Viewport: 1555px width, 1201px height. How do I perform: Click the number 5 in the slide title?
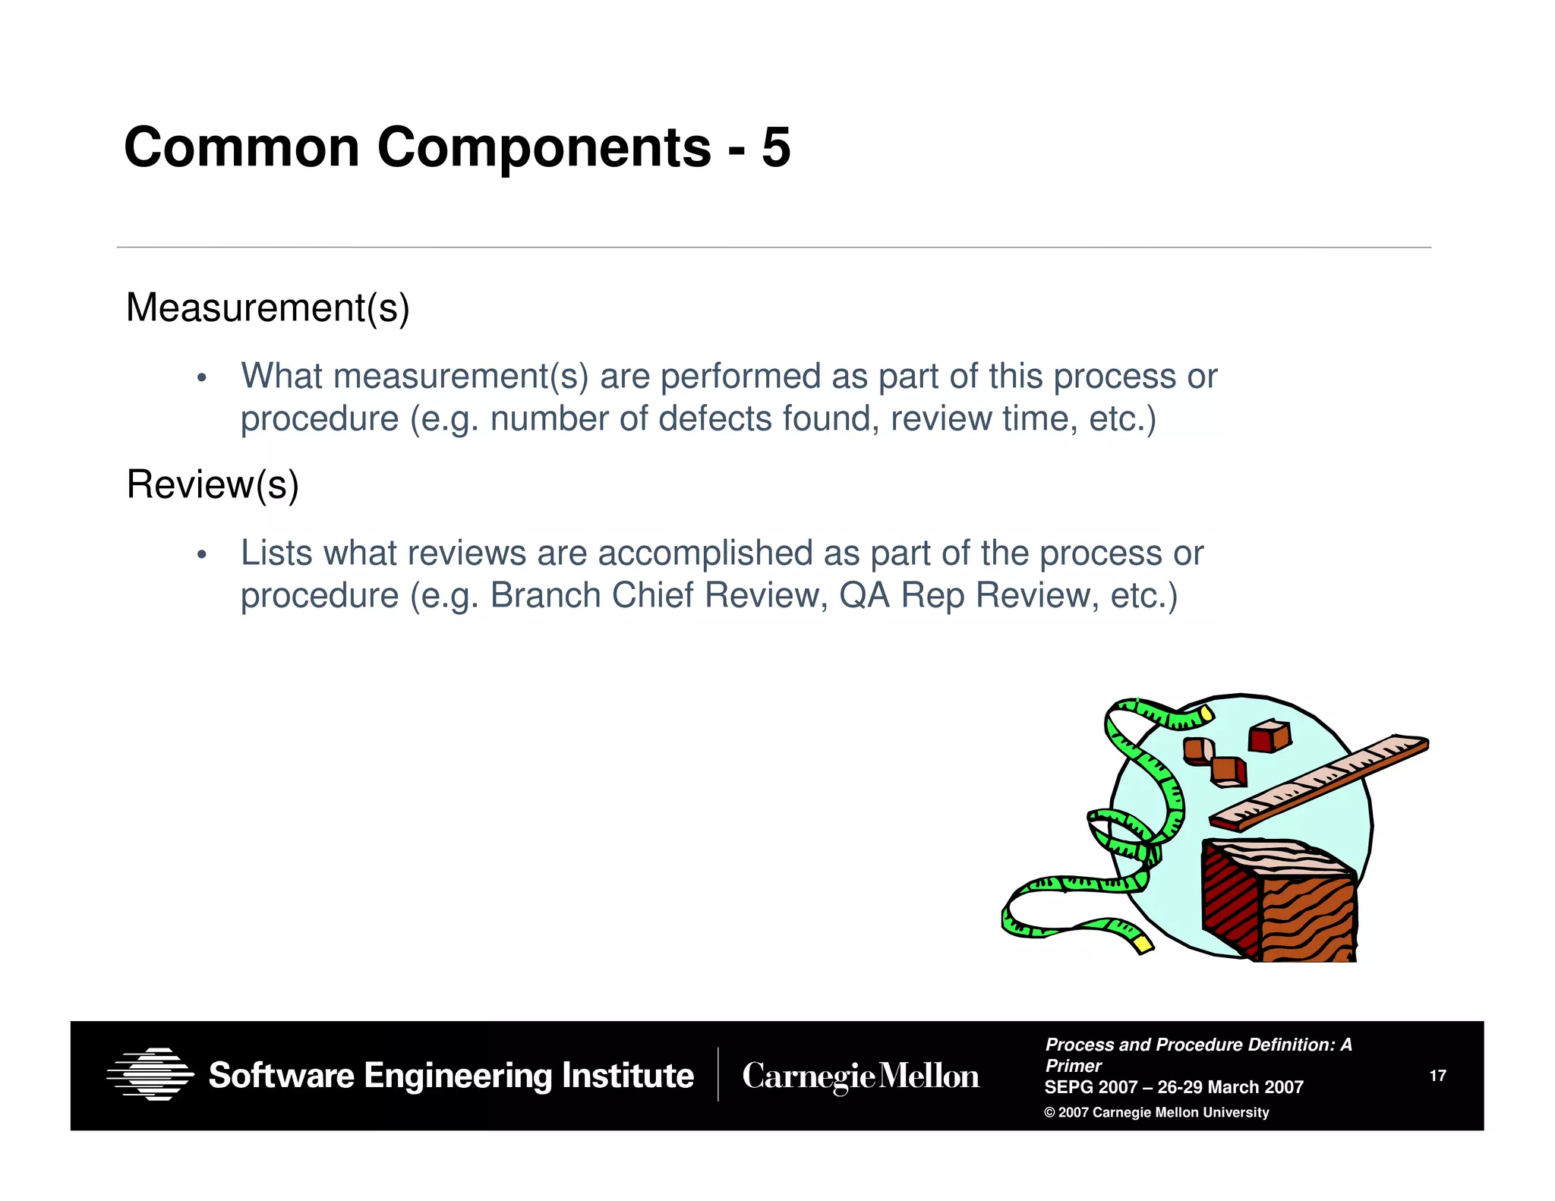[775, 147]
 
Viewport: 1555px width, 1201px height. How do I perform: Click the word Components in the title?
[544, 147]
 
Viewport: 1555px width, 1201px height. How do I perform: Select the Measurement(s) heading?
[267, 308]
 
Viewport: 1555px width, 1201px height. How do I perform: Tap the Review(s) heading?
[213, 485]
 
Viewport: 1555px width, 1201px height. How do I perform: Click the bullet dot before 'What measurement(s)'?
[201, 378]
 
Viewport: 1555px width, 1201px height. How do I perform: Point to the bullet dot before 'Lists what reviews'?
[201, 555]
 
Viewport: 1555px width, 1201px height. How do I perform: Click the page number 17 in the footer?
[1437, 1076]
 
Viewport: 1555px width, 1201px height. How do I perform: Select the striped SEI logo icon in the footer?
[150, 1074]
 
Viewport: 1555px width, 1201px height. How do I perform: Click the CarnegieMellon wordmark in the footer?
[860, 1076]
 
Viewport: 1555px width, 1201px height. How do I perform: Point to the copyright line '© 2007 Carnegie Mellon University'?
[1156, 1113]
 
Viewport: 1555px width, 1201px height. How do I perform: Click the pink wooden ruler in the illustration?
[1320, 782]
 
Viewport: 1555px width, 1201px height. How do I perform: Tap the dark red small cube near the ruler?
[1270, 736]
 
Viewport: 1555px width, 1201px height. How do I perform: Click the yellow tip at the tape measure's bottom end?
[1143, 944]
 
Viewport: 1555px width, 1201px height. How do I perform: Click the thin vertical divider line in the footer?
[718, 1075]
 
